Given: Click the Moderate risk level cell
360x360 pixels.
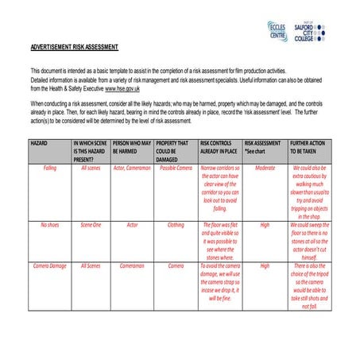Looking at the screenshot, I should click(265, 168).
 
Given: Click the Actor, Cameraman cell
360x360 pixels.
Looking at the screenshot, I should click(132, 168).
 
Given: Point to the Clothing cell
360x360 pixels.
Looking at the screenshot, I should click(175, 225).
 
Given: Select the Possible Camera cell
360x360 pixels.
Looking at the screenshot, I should click(175, 168).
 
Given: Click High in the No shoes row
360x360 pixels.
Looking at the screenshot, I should click(265, 225).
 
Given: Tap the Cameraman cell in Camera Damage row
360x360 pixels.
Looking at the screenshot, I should click(132, 265).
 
